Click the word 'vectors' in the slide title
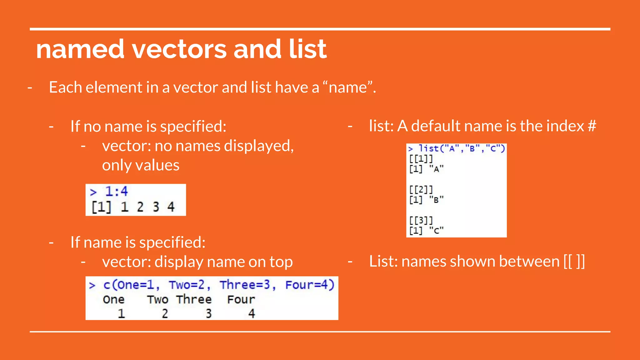tap(179, 49)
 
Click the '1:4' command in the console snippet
tap(116, 191)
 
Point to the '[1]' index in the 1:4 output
tap(101, 207)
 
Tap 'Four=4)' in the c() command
tap(310, 285)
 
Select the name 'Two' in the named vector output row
tap(158, 299)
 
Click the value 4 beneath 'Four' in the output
tap(252, 313)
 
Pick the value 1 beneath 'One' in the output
tap(121, 313)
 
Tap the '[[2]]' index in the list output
tap(421, 189)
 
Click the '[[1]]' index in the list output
tap(421, 159)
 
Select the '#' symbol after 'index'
tap(592, 126)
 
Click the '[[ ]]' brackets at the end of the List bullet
tap(574, 261)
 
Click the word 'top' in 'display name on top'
tap(281, 262)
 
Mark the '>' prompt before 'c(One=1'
tap(92, 285)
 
